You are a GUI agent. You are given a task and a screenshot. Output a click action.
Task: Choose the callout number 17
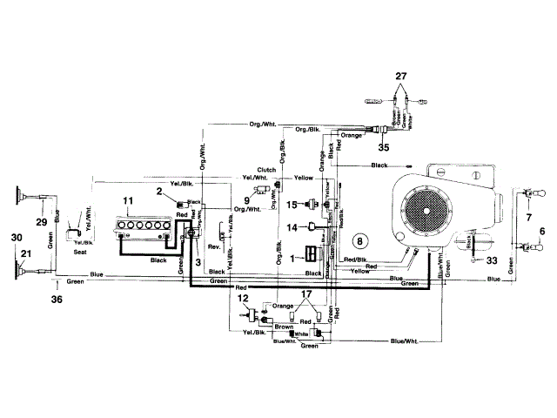click(305, 295)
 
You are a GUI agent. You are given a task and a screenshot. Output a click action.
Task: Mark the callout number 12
click(243, 299)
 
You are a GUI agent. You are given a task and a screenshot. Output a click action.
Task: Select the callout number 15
click(293, 204)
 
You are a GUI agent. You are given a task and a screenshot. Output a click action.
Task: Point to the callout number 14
click(293, 227)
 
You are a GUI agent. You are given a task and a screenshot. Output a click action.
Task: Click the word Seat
click(80, 253)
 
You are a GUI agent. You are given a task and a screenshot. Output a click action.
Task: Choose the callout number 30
click(15, 237)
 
